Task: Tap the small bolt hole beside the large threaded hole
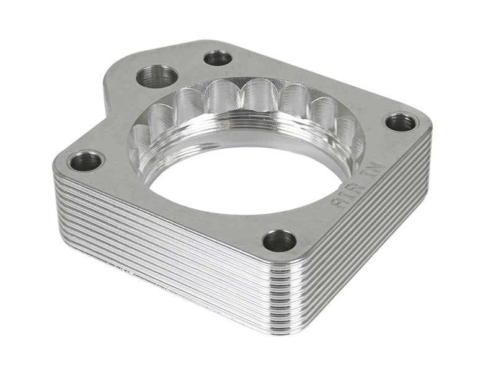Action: tap(218, 58)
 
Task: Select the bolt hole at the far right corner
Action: tap(401, 122)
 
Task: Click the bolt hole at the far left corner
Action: tap(85, 162)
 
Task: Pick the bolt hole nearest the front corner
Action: tap(279, 241)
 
